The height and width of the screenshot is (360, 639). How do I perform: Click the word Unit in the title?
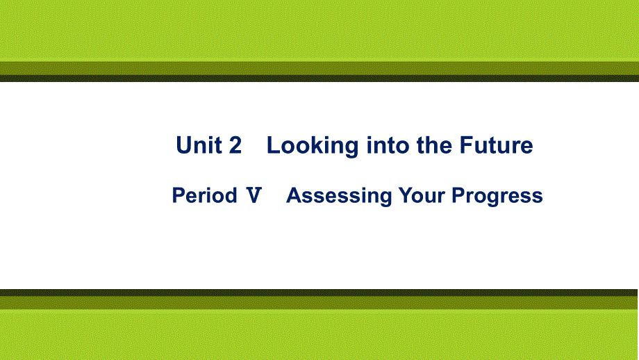pos(199,145)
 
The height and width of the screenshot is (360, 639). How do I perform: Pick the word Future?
pos(496,145)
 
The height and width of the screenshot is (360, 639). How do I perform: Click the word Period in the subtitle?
pos(204,196)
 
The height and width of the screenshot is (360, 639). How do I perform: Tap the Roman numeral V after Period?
pos(254,196)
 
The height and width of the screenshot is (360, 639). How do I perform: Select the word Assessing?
pos(339,196)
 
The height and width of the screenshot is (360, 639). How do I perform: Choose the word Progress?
pos(497,197)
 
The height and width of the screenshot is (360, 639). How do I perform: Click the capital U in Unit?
pos(184,145)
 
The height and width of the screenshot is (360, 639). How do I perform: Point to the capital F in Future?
pos(465,145)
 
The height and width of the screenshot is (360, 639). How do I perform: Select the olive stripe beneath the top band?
pos(319,68)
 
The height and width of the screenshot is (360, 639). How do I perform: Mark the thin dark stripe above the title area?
pos(319,79)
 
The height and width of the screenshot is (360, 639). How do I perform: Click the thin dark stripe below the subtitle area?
pos(319,292)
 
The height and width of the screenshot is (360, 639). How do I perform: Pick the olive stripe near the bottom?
pos(319,302)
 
